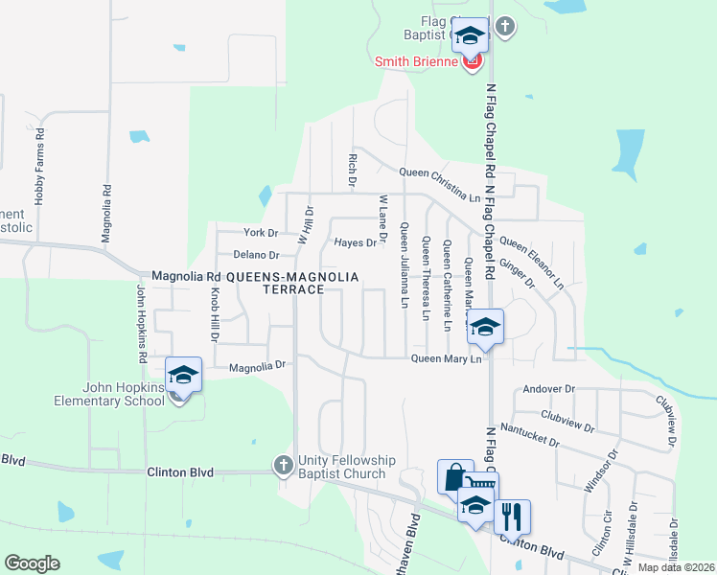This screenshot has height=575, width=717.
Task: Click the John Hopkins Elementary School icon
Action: coord(183,375)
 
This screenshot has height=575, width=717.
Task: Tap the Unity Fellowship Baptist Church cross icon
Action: coord(283,465)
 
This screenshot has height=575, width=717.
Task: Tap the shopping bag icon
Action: coord(454,476)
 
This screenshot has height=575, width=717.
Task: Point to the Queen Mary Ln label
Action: coord(445,358)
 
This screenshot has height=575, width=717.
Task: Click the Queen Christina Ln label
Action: coord(439,172)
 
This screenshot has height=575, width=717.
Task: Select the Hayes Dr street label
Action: coord(355,242)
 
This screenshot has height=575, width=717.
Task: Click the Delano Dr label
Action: coord(256,255)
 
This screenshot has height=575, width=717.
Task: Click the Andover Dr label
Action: coord(548,390)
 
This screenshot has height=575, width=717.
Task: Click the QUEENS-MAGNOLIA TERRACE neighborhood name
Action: coord(292,283)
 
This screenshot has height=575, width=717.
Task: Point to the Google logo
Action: coord(32,563)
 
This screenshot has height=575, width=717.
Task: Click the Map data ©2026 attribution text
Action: coord(675,567)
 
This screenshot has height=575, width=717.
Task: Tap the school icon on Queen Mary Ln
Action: coord(486,327)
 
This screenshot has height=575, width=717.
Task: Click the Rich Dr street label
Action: coord(353,170)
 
